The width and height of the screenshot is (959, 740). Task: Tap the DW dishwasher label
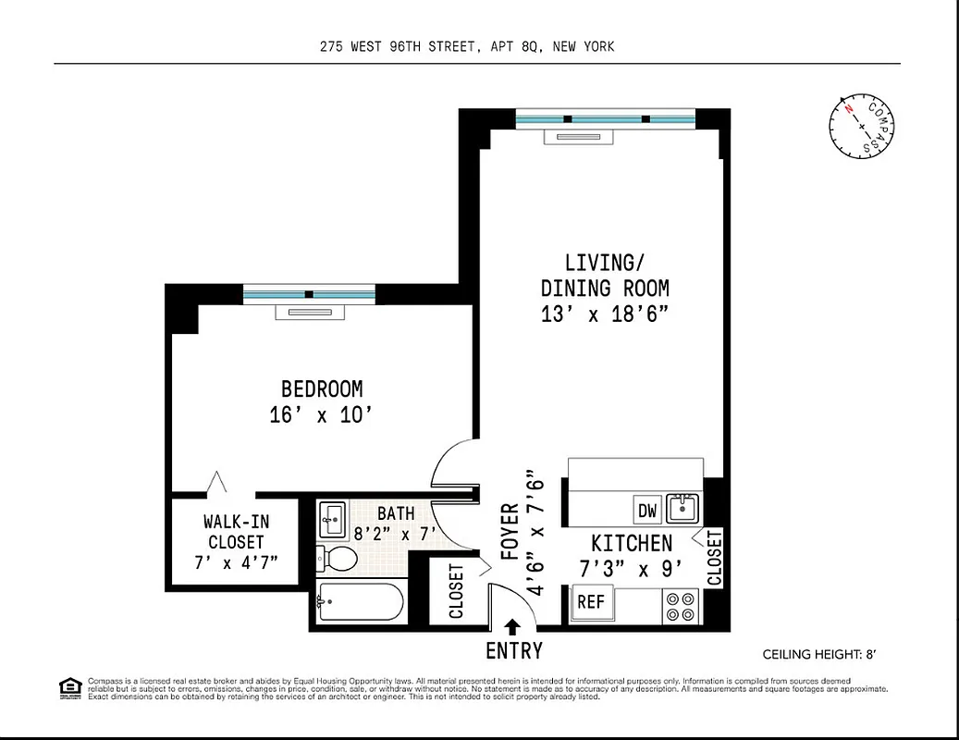(x=646, y=510)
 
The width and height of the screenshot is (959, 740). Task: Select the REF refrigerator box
(x=591, y=602)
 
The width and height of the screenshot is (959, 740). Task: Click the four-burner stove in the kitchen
(x=682, y=606)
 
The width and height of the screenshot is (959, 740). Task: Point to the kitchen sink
(x=683, y=508)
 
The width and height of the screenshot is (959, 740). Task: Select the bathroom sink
(x=331, y=519)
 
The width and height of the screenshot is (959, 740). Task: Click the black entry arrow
(x=513, y=626)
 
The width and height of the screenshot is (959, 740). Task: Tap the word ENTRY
(x=513, y=651)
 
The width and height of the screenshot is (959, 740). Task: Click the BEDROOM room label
(x=322, y=389)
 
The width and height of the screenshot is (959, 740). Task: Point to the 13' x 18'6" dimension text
(x=604, y=314)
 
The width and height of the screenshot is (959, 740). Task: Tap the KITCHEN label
(x=632, y=543)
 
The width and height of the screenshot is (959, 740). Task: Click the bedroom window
(x=309, y=294)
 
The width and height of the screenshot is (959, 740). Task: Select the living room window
(x=604, y=118)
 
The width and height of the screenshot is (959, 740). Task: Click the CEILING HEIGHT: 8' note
(x=818, y=654)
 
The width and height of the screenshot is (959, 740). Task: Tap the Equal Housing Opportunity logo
(x=69, y=687)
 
